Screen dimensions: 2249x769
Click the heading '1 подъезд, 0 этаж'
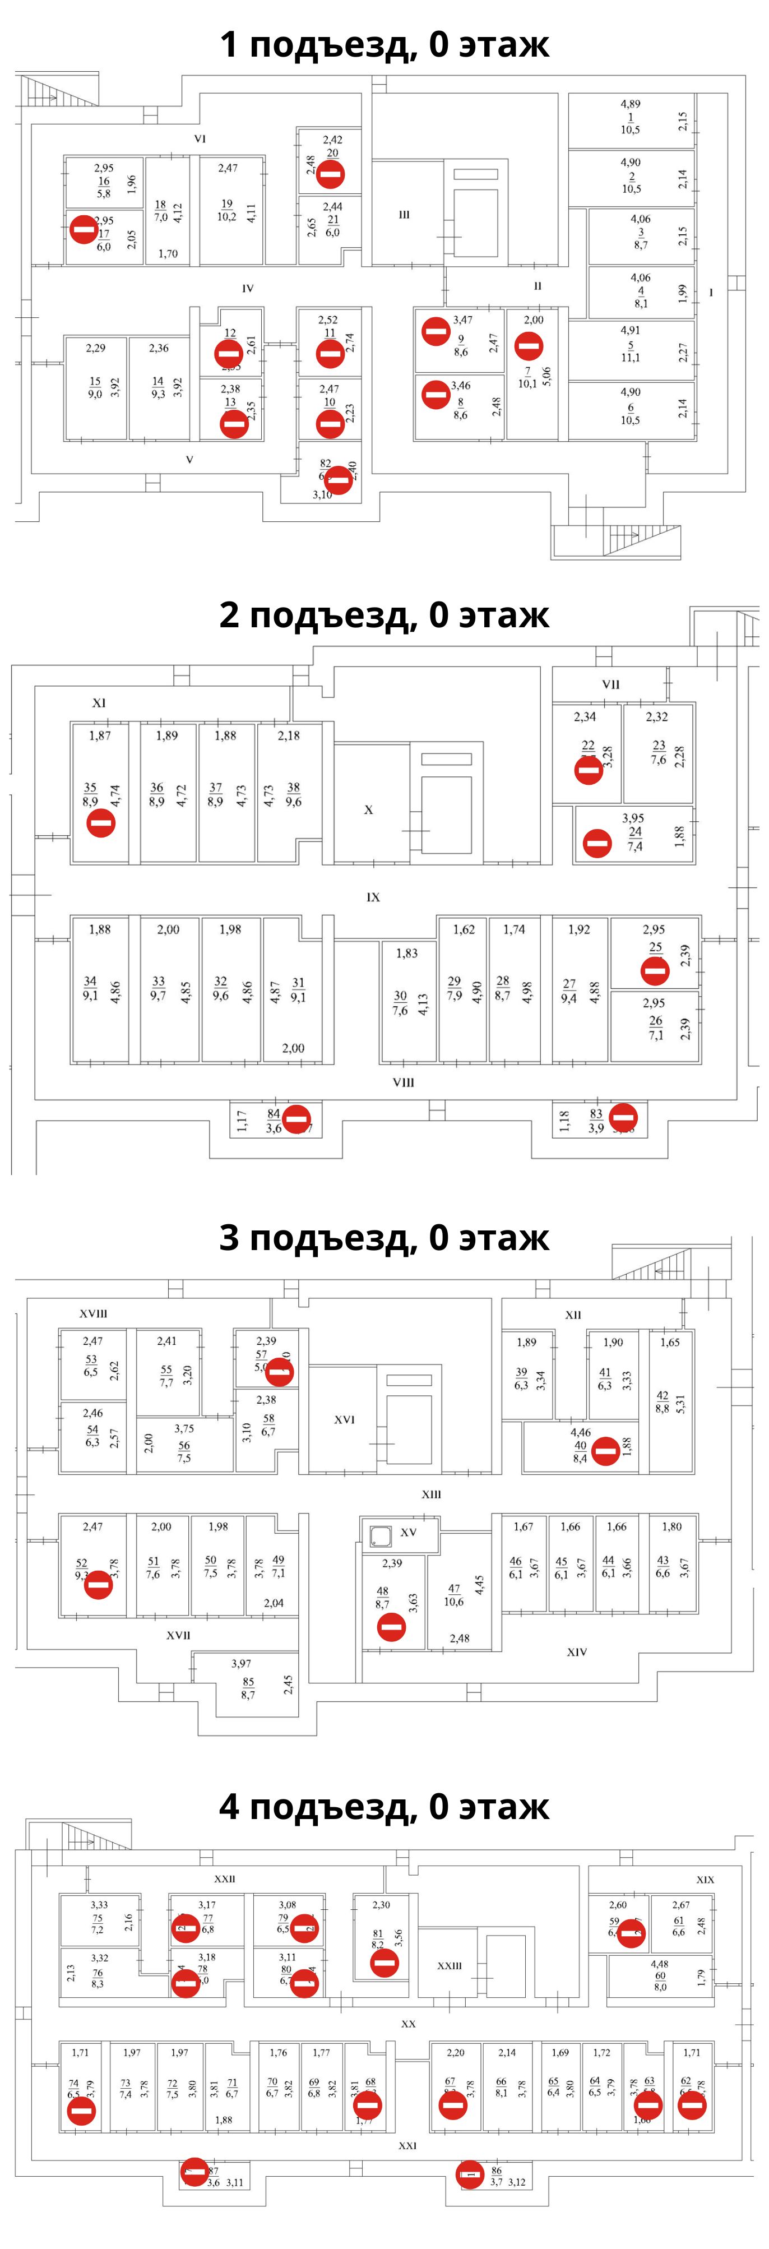(x=384, y=44)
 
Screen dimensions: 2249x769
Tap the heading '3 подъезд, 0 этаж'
(x=384, y=1237)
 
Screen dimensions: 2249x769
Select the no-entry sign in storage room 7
(x=528, y=346)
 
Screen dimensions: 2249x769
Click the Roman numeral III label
(x=404, y=215)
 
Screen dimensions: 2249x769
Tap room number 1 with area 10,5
(x=630, y=117)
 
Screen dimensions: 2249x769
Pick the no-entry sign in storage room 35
(x=101, y=822)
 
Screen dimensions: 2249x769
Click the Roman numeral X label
(x=368, y=809)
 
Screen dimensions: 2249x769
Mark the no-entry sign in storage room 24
(x=597, y=843)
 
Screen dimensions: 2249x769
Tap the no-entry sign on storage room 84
(x=296, y=1118)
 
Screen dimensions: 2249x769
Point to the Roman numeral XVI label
(x=345, y=1419)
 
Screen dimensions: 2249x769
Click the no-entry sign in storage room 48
(x=392, y=1627)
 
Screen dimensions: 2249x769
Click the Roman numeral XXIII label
(x=450, y=1965)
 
